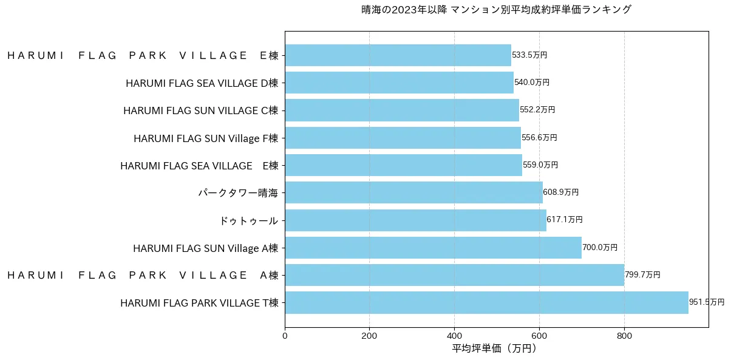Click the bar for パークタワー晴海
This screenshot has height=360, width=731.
tap(413, 192)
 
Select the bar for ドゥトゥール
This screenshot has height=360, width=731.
tap(415, 220)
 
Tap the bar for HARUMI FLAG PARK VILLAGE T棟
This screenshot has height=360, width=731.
tap(486, 302)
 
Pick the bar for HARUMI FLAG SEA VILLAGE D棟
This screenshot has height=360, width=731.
tap(399, 83)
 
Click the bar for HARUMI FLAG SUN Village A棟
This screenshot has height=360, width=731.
tap(433, 248)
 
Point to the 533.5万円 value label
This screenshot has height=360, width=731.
tap(529, 55)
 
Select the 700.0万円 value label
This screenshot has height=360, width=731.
tap(600, 248)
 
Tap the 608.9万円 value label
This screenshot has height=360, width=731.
tap(561, 192)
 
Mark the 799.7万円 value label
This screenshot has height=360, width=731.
tap(642, 275)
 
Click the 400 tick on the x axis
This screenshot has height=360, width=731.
tap(454, 335)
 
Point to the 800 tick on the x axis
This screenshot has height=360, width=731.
tap(624, 335)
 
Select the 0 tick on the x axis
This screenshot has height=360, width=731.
tap(285, 335)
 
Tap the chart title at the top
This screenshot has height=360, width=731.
tap(495, 10)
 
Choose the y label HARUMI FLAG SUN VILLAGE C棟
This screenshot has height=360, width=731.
tap(200, 110)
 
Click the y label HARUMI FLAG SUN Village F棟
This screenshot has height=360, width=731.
tap(205, 138)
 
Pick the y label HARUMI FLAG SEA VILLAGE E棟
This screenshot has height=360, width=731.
tap(199, 166)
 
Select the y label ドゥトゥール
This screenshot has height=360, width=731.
tap(248, 220)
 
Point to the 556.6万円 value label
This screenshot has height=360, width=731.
tap(539, 138)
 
